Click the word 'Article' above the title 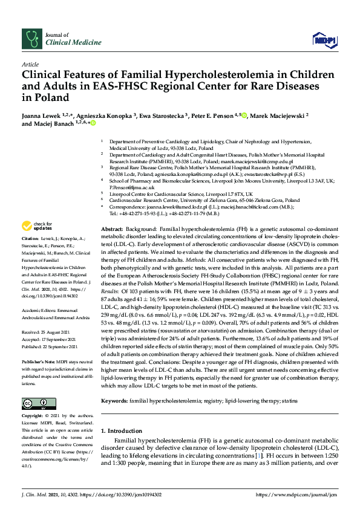pyautogui.click(x=30, y=63)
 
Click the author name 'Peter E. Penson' pyautogui.click(x=214, y=115)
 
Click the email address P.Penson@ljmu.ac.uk pyautogui.click(x=133, y=188)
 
